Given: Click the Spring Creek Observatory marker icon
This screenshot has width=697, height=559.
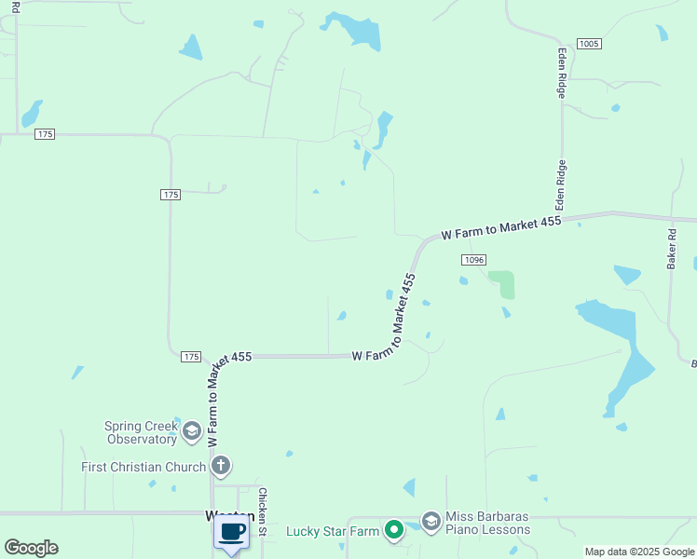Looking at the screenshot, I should [x=192, y=430].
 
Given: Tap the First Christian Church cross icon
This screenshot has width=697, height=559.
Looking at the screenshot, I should [x=221, y=465].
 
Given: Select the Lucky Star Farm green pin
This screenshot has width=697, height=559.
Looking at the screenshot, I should [x=394, y=531].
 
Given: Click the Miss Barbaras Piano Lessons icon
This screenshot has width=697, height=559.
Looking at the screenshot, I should [x=430, y=521].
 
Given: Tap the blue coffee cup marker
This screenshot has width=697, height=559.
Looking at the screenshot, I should [x=231, y=533].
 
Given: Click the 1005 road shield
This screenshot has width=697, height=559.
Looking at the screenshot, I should [x=589, y=44].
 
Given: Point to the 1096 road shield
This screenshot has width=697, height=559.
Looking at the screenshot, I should [x=472, y=260].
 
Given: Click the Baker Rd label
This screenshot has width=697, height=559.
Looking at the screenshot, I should [x=671, y=250].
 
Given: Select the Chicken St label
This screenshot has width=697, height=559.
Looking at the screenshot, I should [x=263, y=513].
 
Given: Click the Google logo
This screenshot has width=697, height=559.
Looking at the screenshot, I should [x=31, y=548].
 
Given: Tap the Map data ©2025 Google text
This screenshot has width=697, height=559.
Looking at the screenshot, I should [x=639, y=552].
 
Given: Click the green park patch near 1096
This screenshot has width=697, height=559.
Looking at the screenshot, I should [x=503, y=283].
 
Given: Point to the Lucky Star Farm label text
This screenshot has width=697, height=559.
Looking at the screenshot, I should [x=333, y=531].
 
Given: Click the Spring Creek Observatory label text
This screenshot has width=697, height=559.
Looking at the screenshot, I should [x=141, y=432].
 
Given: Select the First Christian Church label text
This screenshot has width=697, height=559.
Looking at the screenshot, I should [x=143, y=467].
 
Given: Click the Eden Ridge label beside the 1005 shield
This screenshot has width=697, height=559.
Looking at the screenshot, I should [x=561, y=73].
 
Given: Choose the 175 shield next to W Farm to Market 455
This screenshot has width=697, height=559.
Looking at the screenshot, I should [x=190, y=357].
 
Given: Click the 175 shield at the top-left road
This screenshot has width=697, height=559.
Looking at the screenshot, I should [x=44, y=134].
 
